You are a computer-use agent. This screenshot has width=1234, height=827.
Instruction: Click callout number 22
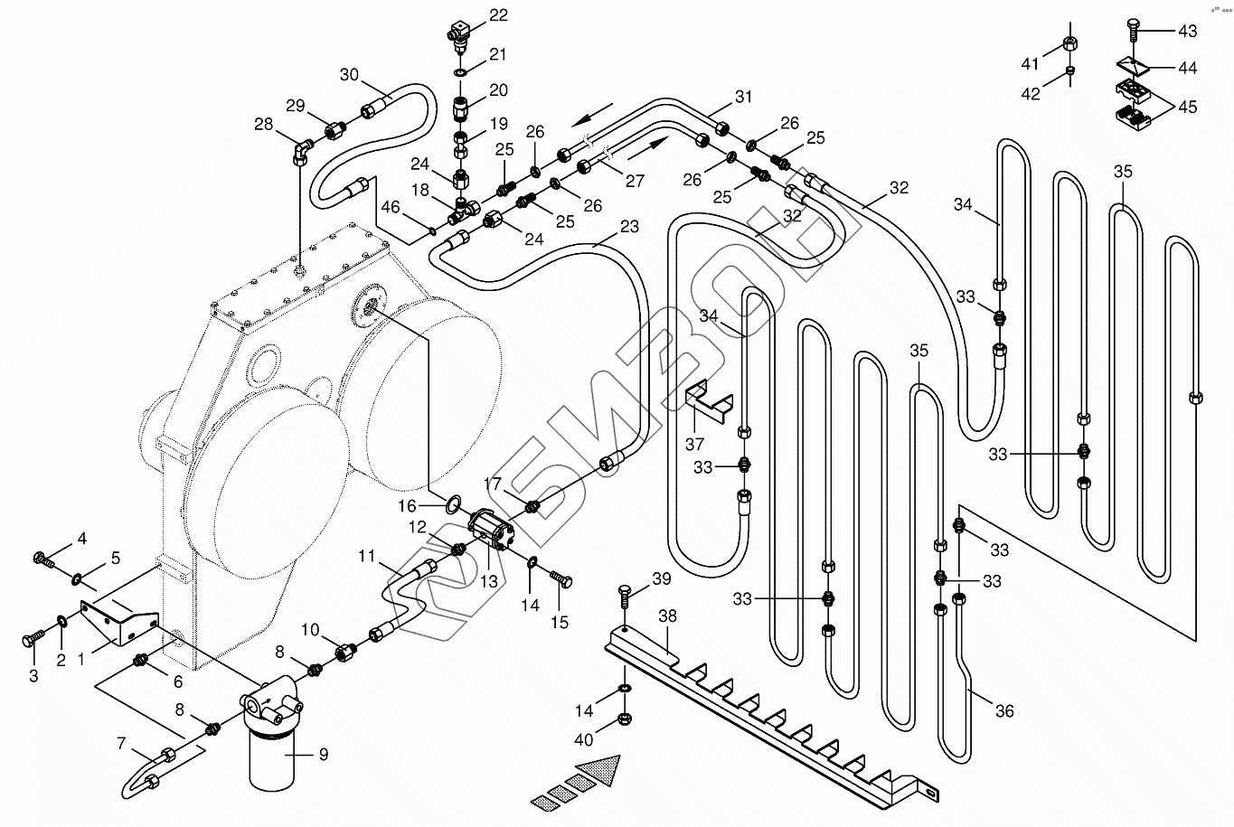498,15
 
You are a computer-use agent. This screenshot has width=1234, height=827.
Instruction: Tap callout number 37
693,444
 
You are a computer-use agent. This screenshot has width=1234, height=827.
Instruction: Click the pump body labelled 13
493,530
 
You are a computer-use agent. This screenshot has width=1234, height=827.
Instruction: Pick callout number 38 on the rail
667,616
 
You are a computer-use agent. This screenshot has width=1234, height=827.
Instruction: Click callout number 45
1187,107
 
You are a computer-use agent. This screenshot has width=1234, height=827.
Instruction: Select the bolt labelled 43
1134,30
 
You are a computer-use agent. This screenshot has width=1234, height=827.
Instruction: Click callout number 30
350,73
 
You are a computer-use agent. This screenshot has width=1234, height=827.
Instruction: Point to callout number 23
629,228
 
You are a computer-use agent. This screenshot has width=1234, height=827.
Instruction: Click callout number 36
1004,710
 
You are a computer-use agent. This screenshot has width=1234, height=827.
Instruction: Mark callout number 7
121,743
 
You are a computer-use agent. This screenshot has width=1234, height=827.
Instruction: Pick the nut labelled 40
623,719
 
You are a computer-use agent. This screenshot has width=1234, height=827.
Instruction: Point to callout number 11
365,557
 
